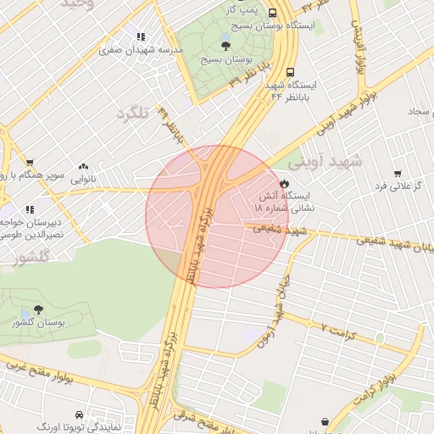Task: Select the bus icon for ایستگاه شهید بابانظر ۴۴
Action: click(291, 73)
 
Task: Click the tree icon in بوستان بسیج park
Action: click(225, 45)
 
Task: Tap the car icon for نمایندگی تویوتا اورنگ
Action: click(79, 415)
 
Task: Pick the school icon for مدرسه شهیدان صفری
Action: click(141, 37)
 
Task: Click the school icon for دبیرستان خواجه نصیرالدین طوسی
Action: click(30, 209)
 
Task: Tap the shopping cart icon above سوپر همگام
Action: click(30, 163)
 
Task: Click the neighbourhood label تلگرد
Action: click(132, 114)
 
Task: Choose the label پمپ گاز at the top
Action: click(241, 8)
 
